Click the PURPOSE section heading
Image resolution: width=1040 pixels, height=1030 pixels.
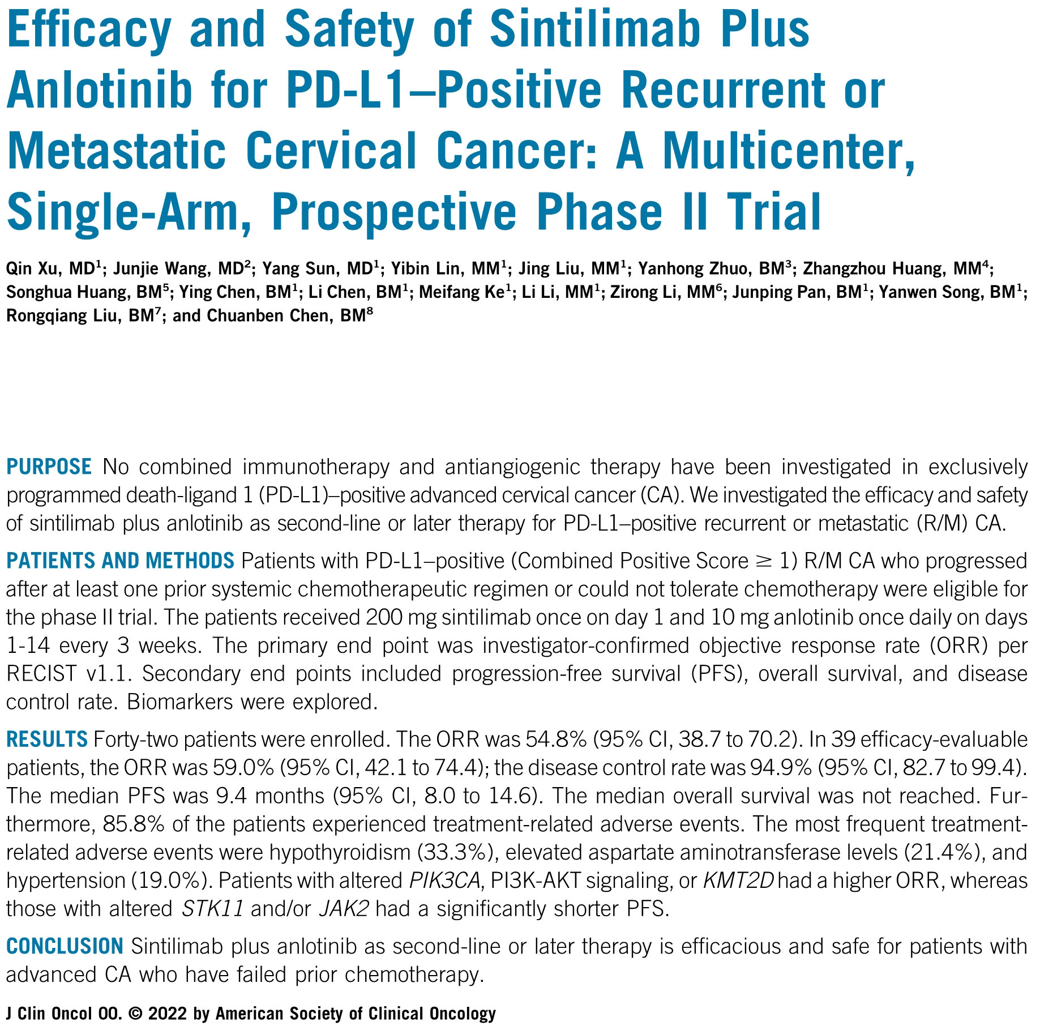point(49,467)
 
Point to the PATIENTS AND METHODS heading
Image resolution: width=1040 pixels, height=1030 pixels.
point(120,561)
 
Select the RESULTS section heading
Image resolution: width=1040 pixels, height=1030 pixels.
point(47,739)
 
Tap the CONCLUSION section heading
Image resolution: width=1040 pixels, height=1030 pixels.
point(65,946)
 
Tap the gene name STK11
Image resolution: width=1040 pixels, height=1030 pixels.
point(213,909)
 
